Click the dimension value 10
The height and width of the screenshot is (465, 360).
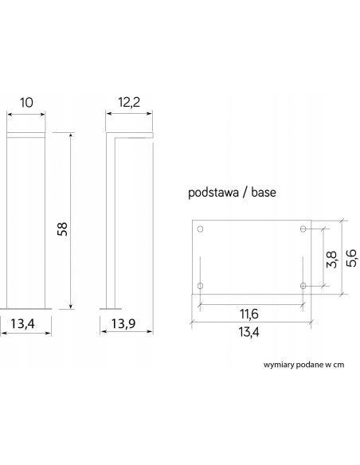[x=25, y=104]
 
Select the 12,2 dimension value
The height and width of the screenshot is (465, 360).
[x=128, y=104]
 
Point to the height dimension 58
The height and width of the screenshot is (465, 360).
[x=63, y=229]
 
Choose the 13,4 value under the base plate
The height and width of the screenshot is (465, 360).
[x=250, y=332]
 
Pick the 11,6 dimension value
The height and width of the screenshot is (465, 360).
[x=250, y=314]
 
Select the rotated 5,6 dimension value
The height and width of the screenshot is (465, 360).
[x=349, y=258]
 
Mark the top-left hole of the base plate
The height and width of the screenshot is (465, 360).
[x=200, y=229]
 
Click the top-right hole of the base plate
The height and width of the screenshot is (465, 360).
[x=303, y=229]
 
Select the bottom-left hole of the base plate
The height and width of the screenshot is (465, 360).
[x=200, y=285]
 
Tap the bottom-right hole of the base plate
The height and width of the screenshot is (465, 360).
[x=303, y=285]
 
